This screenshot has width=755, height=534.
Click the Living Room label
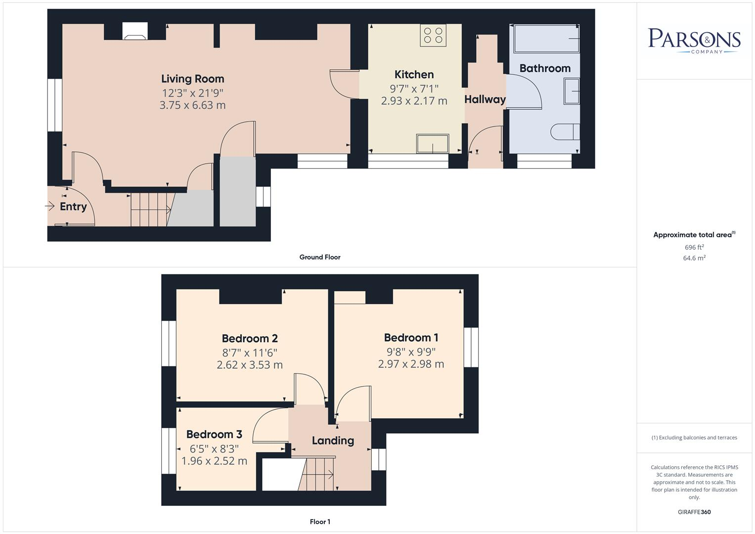point(192,79)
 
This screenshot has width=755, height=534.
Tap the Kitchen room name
point(414,75)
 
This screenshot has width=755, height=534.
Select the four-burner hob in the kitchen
point(433,36)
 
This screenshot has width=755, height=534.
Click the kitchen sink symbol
point(433,144)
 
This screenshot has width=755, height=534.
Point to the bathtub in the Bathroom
point(547,39)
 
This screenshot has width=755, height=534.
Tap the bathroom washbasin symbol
point(572,91)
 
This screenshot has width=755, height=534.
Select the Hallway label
point(485,99)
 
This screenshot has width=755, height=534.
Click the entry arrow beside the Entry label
point(50,206)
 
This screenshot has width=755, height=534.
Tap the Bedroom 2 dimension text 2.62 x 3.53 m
point(250,365)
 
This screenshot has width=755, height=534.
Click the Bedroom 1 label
point(411,338)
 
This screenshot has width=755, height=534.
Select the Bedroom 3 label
point(214,435)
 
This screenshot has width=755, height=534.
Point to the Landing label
point(333,441)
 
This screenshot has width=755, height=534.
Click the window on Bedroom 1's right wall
point(471,347)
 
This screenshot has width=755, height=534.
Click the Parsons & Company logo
point(694,41)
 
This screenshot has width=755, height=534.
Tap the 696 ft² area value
point(694,247)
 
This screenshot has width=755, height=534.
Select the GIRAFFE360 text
point(694,512)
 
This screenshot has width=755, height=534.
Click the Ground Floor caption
point(320,257)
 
